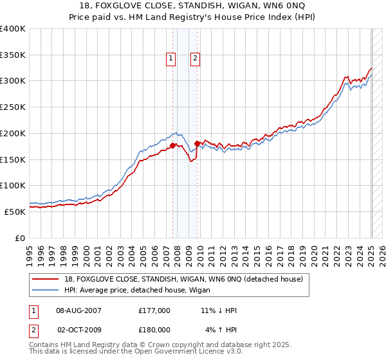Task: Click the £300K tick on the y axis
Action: pyautogui.click(x=15, y=81)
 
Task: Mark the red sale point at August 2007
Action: pyautogui.click(x=172, y=146)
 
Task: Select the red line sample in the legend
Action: pyautogui.click(x=46, y=278)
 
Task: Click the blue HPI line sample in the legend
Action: pyautogui.click(x=46, y=289)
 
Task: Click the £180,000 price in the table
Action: pyautogui.click(x=154, y=330)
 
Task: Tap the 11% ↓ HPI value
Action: pyautogui.click(x=219, y=310)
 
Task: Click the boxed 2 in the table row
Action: pyautogui.click(x=33, y=330)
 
